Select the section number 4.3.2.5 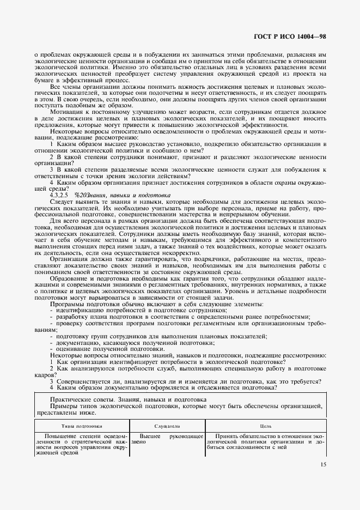[59, 195]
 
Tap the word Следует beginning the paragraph [63, 201]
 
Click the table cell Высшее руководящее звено [167, 439]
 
